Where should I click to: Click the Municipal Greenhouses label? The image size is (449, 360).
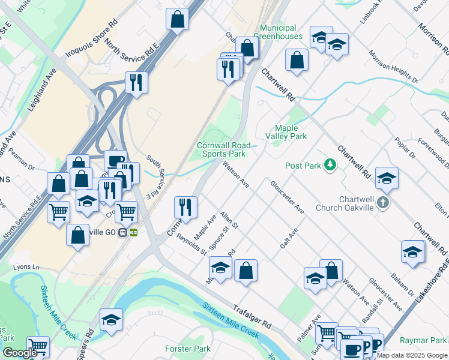[278, 32]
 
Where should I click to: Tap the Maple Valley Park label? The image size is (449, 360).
[291, 132]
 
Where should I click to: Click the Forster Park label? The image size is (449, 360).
[187, 349]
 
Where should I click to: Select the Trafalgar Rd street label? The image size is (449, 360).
[252, 314]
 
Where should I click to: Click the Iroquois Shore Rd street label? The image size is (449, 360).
[92, 38]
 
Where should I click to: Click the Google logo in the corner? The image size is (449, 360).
[20, 353]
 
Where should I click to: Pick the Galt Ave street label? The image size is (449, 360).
[289, 238]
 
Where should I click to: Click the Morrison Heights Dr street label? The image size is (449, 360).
[393, 67]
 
